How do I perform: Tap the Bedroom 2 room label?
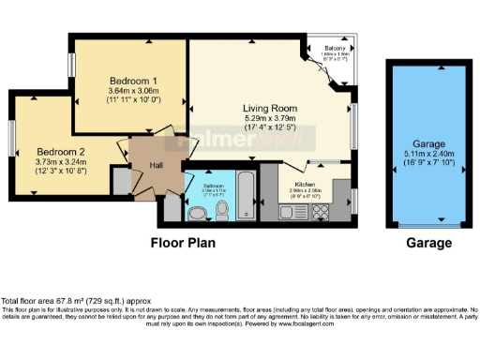pos(62,151)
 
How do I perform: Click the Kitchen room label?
pos(307,184)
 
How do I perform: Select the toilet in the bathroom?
pos(221,208)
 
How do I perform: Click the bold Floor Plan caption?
pos(185,243)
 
